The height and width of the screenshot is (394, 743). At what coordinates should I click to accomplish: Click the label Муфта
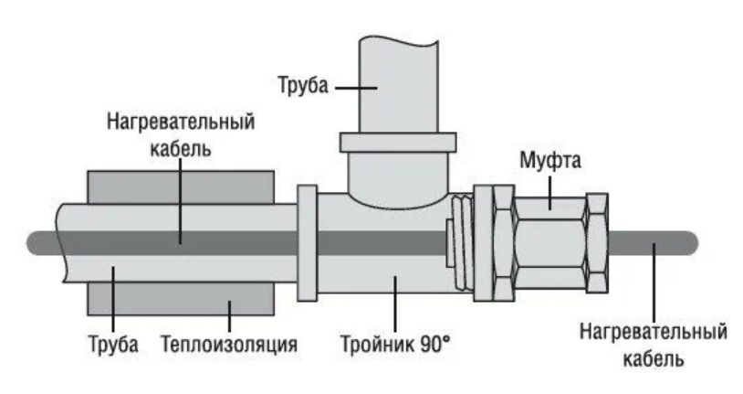tap(550, 162)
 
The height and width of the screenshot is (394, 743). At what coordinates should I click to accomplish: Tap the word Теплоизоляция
tap(229, 346)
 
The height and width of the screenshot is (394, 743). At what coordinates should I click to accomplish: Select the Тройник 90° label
tap(395, 346)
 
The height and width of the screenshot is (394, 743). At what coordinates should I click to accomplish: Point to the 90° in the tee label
tap(438, 346)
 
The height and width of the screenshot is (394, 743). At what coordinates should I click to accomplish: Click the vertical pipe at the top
tap(397, 82)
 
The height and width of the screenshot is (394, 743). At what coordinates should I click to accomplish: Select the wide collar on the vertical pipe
tap(397, 144)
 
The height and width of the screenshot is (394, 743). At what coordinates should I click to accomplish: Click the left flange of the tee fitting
tap(306, 242)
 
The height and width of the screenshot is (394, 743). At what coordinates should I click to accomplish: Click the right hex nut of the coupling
tap(597, 242)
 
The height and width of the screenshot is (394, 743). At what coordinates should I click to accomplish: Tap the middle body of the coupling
tap(549, 242)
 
